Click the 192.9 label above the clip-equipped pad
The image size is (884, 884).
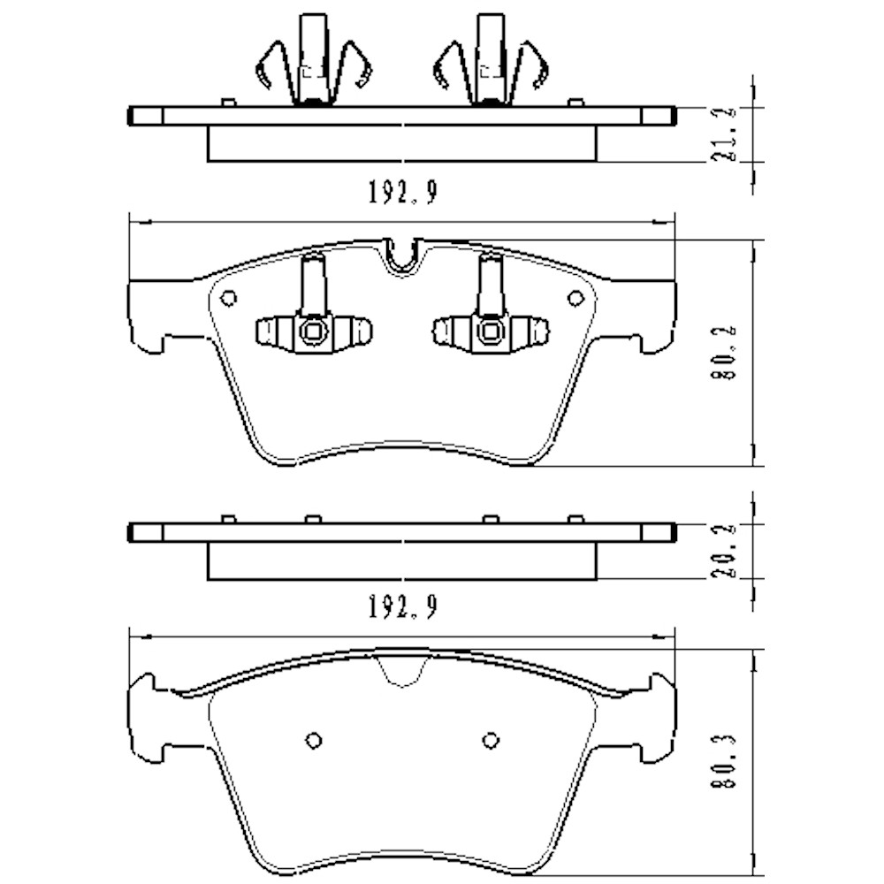coord(402,193)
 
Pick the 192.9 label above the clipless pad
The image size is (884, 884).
coord(402,607)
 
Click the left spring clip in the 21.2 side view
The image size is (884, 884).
coord(313,62)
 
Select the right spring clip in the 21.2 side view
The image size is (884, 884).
coord(489,62)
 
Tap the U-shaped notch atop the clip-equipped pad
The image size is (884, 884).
coord(403,256)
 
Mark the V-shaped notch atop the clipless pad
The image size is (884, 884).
coord(402,670)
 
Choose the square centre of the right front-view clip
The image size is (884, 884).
coord(489,332)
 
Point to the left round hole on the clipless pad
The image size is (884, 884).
coord(313,740)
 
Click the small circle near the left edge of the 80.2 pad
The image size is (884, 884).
coord(228,298)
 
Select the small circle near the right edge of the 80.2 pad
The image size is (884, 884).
coord(575,298)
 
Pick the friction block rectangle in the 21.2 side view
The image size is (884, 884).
coord(402,143)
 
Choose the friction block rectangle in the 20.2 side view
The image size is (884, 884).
coord(402,561)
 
